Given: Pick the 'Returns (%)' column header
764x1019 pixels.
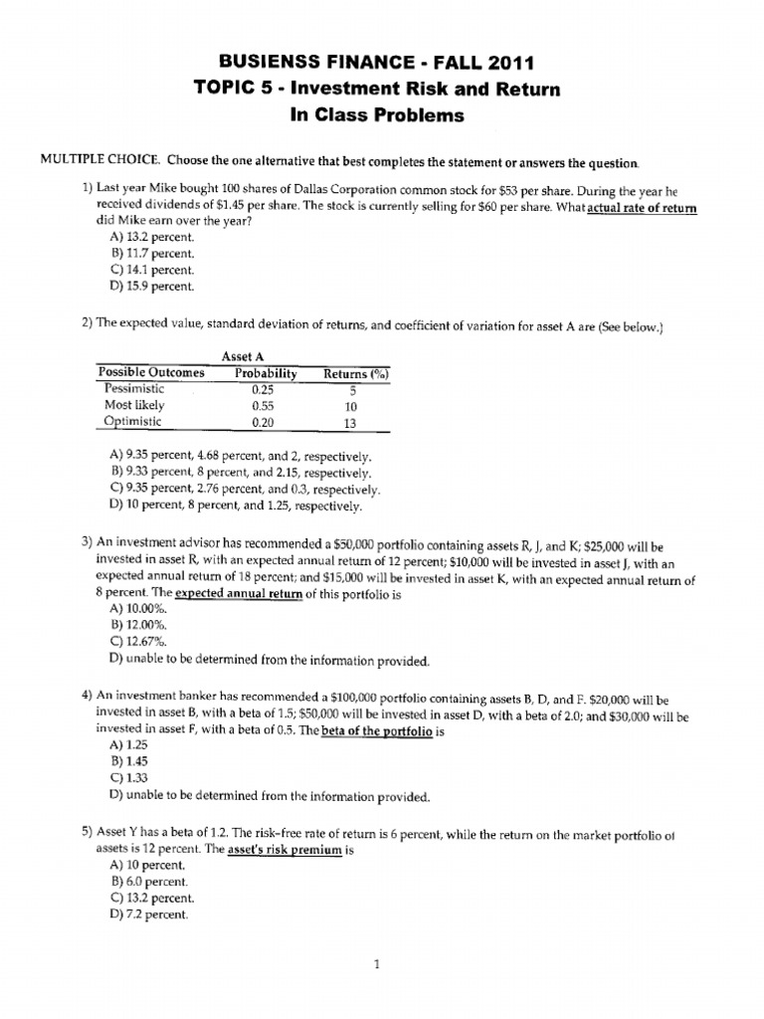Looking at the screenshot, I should point(356,373).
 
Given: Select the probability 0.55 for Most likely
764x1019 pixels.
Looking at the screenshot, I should point(263,405).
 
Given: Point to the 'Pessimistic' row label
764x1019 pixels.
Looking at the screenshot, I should point(135,389).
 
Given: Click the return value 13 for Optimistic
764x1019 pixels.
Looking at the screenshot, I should point(349,421).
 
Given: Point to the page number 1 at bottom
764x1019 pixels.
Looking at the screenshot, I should point(380,963).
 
